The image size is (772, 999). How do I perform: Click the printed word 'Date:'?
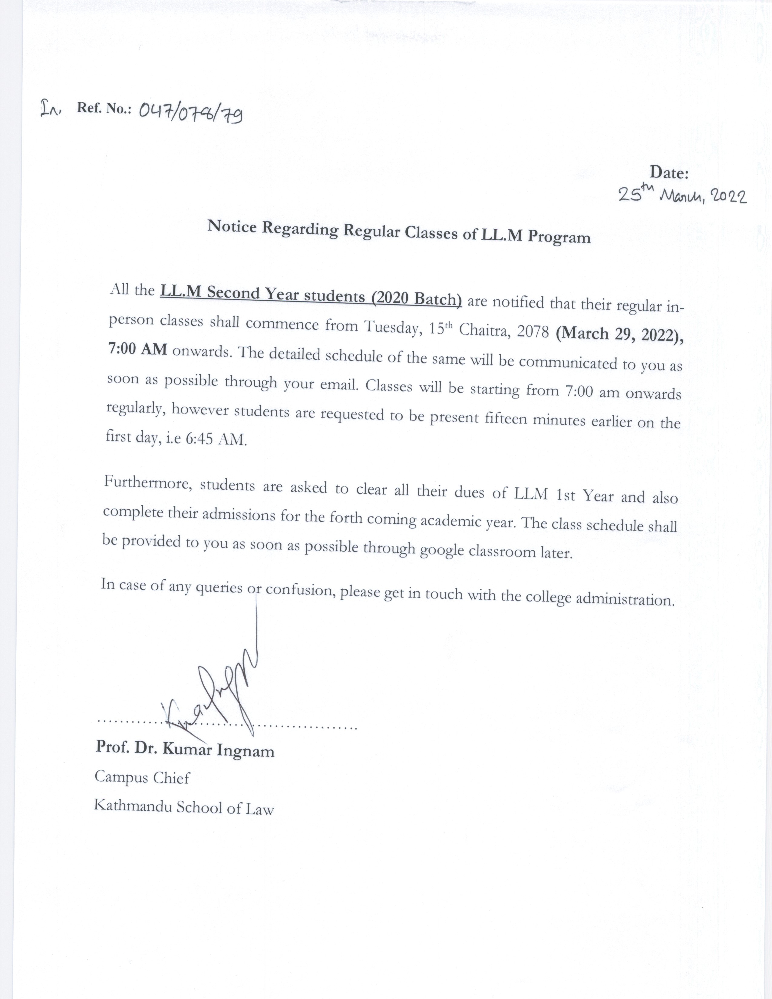pos(669,173)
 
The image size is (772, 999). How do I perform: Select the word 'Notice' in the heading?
pos(232,226)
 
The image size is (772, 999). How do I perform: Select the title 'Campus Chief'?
pos(142,778)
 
